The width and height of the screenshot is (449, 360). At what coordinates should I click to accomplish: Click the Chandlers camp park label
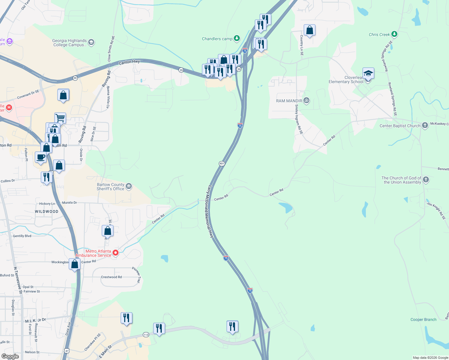coord(217,39)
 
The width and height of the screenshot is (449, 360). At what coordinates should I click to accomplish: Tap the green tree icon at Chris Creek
coord(394,34)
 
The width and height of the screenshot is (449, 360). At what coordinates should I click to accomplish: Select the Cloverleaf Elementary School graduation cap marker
coord(368,73)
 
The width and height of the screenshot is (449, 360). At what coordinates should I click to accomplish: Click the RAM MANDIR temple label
coord(289,101)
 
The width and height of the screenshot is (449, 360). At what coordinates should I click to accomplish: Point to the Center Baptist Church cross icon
coord(425,125)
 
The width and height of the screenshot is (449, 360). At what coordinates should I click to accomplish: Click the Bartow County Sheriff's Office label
coord(110,187)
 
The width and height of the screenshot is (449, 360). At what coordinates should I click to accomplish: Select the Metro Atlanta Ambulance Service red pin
coord(116,253)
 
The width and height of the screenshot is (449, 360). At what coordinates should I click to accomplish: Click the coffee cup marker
coord(41,157)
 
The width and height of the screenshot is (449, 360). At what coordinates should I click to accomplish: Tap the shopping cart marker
coord(60,118)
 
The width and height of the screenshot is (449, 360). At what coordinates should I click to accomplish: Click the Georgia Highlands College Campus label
coord(70,43)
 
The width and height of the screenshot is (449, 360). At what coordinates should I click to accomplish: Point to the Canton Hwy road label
coord(129,62)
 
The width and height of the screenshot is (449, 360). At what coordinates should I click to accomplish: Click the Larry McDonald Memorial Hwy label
coord(210,211)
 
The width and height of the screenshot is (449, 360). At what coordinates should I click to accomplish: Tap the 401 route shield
coord(222,163)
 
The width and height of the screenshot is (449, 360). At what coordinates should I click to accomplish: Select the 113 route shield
coord(146,334)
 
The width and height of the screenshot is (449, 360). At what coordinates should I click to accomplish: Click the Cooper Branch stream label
coord(423,319)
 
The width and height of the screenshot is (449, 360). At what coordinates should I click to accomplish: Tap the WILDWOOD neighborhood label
coord(47,211)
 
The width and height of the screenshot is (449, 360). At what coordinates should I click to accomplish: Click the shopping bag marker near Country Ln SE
coord(309,30)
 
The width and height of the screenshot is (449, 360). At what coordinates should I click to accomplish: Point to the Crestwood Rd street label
coord(111,277)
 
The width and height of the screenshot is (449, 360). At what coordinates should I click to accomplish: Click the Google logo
coord(10,356)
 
